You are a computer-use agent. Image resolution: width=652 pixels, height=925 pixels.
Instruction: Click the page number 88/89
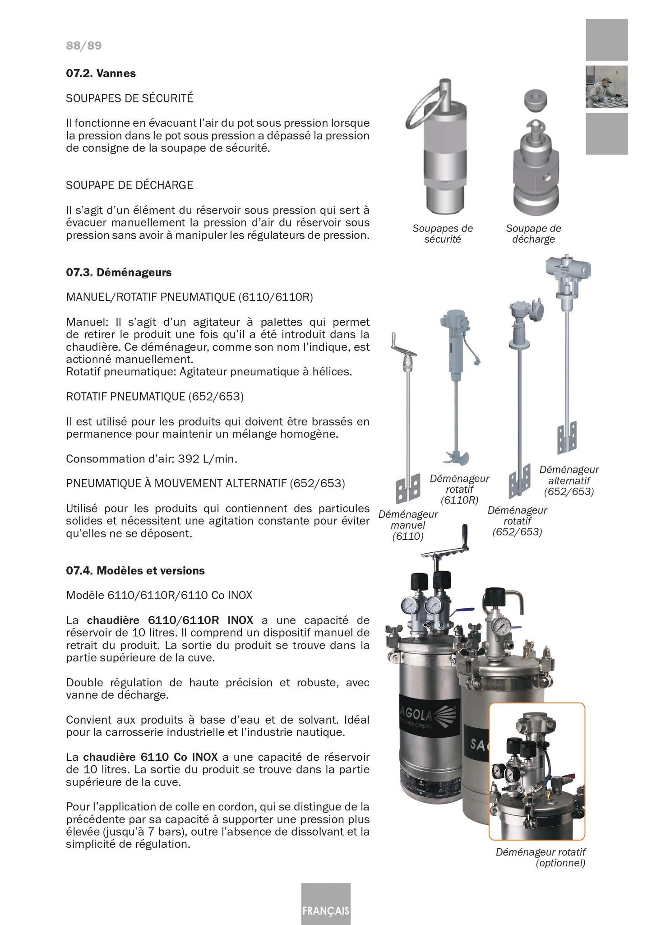point(84,46)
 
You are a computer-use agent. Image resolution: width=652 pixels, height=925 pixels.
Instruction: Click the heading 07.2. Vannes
point(101,74)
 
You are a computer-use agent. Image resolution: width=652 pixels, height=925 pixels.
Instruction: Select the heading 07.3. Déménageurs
point(119,273)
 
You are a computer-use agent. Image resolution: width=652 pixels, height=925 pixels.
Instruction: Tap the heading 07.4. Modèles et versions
point(135,571)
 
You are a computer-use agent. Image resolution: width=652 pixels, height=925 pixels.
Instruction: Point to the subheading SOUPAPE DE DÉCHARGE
point(129,185)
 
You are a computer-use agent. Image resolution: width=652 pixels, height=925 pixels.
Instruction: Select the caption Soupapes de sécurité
point(442,234)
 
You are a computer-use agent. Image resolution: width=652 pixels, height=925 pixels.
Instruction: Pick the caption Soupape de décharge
point(533,234)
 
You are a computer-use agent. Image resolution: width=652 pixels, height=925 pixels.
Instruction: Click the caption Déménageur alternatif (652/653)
point(569,481)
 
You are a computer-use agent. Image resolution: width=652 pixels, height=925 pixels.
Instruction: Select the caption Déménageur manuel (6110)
point(408,525)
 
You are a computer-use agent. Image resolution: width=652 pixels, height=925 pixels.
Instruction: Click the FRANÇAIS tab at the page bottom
point(326,910)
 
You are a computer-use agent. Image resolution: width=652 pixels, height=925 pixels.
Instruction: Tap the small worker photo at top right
point(606,87)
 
